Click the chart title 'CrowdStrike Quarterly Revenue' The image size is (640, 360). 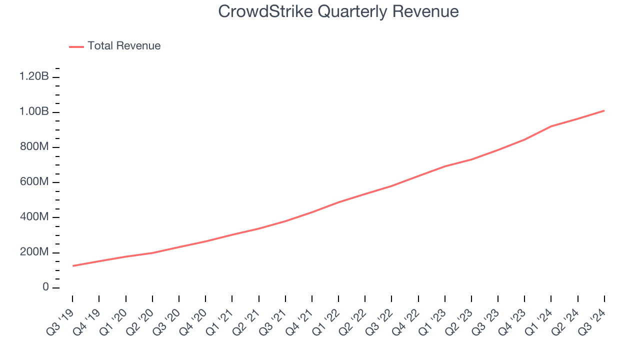(338, 11)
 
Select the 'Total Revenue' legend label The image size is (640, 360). (124, 46)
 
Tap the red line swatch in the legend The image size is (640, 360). (76, 46)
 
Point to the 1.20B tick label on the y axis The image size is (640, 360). (34, 76)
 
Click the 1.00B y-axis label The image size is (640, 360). (34, 112)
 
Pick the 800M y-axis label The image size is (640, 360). (34, 147)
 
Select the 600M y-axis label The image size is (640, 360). (34, 182)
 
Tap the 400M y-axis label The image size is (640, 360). (34, 217)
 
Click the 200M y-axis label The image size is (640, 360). (34, 252)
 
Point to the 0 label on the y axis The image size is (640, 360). (45, 287)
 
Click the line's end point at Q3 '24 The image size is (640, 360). (604, 110)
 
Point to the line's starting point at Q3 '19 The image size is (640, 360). (73, 265)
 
